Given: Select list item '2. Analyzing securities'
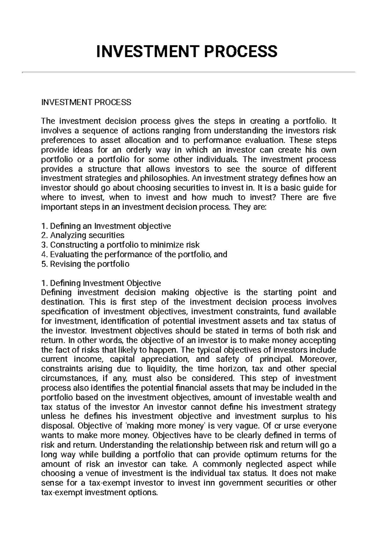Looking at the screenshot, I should (x=83, y=235).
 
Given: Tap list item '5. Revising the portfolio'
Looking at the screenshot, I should (x=85, y=264).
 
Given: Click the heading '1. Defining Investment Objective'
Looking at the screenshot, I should (x=101, y=283).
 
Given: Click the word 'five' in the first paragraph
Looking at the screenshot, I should (x=330, y=197).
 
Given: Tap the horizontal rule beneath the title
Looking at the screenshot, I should (x=188, y=72).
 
